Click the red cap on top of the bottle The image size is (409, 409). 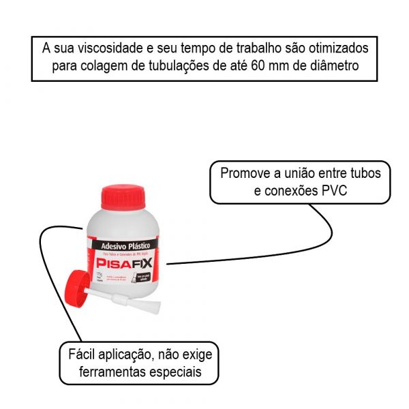[x=123, y=197]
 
